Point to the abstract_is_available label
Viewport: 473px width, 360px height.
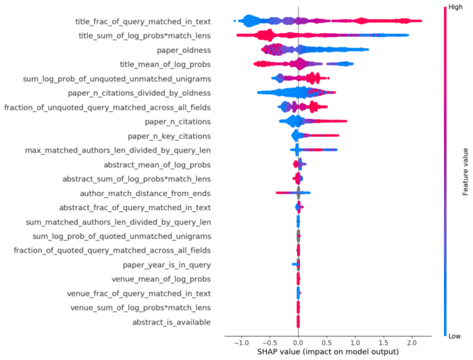tap(171, 322)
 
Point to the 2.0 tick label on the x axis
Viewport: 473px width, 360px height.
tap(413, 342)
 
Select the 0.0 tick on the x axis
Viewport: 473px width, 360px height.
tap(298, 342)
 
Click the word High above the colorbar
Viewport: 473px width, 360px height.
tap(453, 6)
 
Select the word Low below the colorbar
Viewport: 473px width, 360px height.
tap(453, 336)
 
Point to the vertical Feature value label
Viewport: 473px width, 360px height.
tap(466, 170)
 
